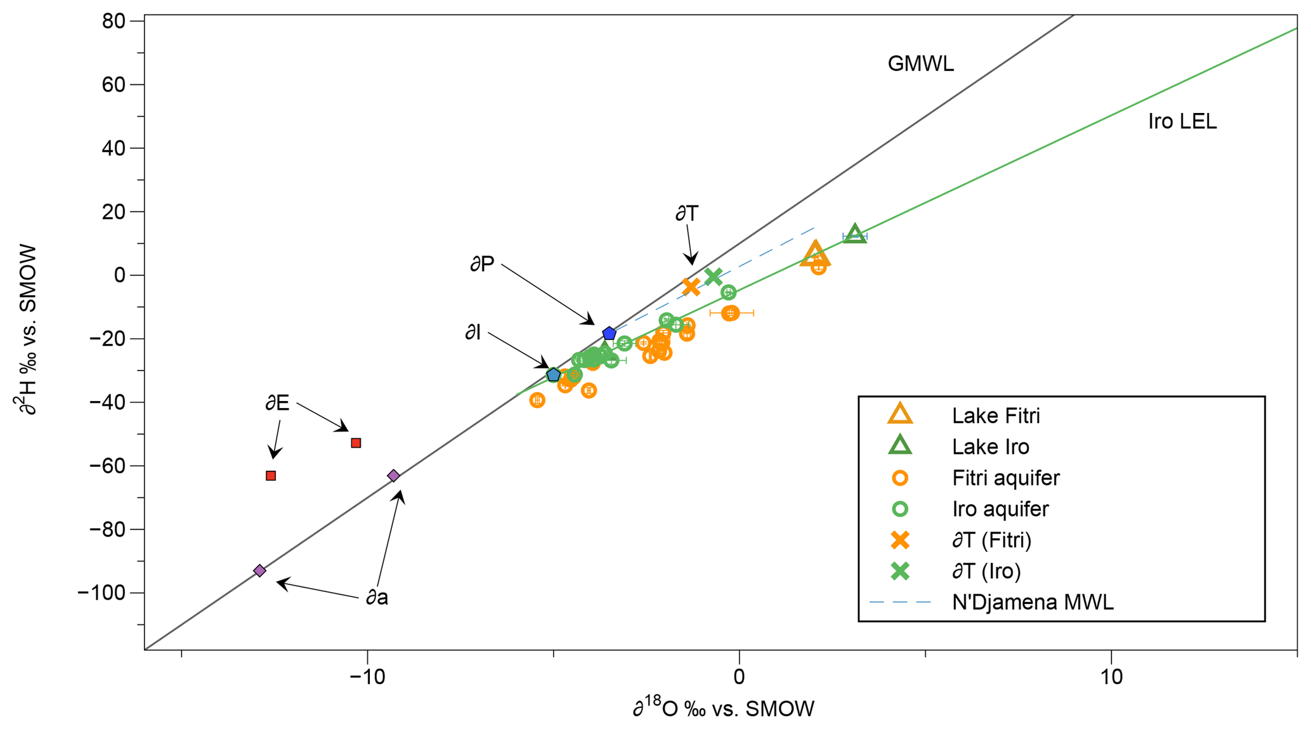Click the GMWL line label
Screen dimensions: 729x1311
click(920, 64)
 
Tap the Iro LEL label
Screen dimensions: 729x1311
click(1182, 122)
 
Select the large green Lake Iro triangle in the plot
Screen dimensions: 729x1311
click(855, 234)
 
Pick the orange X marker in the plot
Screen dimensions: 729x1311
click(691, 287)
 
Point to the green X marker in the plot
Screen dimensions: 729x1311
click(714, 277)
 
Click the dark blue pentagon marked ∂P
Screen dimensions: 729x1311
click(609, 334)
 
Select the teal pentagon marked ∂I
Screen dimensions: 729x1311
click(554, 375)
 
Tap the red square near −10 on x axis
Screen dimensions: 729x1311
click(356, 443)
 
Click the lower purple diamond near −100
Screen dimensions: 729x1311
click(259, 570)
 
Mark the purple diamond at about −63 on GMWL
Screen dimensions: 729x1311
click(393, 476)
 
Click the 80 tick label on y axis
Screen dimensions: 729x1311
click(114, 22)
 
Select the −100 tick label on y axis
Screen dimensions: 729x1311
click(105, 593)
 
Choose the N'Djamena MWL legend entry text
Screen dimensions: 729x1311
click(1033, 602)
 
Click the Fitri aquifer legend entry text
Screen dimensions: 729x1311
click(1005, 478)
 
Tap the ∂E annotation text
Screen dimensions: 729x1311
click(277, 403)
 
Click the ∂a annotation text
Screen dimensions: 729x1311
click(377, 597)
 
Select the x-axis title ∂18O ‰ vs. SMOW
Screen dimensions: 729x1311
click(723, 708)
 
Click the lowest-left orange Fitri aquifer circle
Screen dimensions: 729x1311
click(537, 400)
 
